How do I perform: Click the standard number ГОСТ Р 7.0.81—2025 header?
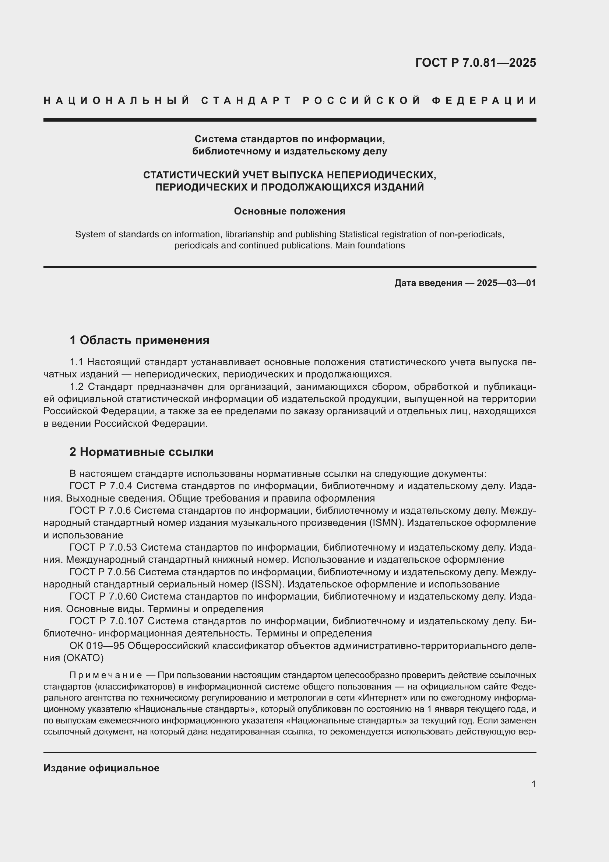tap(475, 63)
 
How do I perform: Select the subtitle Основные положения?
tap(289, 212)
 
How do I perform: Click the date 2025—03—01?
tap(506, 283)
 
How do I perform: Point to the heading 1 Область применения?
tap(140, 341)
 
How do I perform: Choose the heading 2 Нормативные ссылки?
tap(142, 452)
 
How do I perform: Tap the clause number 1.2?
tap(77, 387)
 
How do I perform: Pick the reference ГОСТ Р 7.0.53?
tap(103, 548)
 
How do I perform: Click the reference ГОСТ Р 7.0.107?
tap(106, 621)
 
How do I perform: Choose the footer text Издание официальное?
tap(101, 768)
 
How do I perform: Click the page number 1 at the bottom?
tap(534, 784)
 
